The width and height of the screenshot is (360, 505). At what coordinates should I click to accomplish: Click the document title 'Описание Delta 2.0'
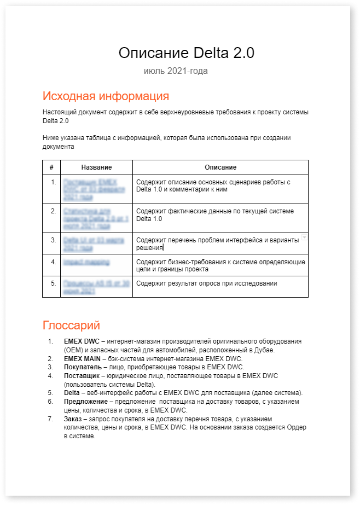click(187, 53)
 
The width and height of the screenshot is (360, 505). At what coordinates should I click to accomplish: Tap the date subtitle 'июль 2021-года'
click(176, 71)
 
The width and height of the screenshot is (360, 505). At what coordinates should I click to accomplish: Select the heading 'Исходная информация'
click(106, 96)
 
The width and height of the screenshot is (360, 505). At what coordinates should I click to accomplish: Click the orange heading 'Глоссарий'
click(71, 326)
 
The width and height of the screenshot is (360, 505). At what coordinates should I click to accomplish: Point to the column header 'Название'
click(96, 167)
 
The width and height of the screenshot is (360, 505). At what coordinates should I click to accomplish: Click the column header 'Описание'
click(220, 167)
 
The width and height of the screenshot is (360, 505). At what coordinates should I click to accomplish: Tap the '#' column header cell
click(51, 167)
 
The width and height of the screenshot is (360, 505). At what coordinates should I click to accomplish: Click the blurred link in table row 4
click(86, 262)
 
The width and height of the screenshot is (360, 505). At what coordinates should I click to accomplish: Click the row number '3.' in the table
click(53, 240)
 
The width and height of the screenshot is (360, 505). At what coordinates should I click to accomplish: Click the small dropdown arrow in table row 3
click(304, 237)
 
